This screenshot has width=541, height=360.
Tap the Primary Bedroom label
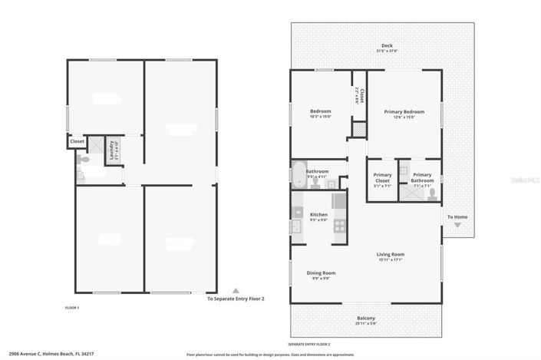point(404,114)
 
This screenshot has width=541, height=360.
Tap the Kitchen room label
point(318,217)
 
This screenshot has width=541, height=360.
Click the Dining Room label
point(322,275)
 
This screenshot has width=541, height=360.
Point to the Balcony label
point(366,320)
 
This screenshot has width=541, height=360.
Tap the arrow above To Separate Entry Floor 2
point(236,291)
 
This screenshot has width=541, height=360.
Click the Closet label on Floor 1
point(77,141)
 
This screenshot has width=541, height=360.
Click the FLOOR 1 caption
point(72,308)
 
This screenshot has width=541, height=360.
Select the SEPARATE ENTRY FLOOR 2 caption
point(309,344)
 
